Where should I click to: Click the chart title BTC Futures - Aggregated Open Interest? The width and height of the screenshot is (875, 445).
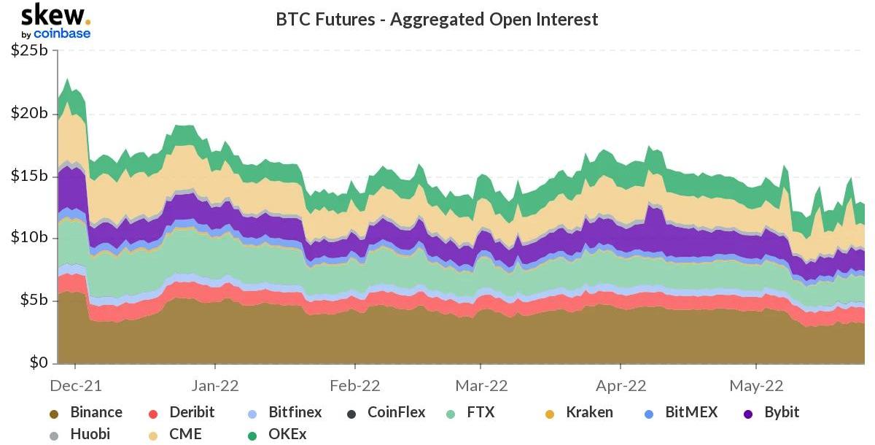[x=437, y=19]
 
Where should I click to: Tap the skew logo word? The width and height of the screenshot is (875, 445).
[x=55, y=15]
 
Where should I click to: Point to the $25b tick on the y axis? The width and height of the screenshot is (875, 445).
[x=30, y=51]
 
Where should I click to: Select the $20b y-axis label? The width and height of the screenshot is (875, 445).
[x=30, y=114]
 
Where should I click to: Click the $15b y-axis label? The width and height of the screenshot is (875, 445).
[x=30, y=177]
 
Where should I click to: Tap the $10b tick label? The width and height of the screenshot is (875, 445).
[x=30, y=238]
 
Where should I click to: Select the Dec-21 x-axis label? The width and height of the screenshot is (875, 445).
[x=76, y=384]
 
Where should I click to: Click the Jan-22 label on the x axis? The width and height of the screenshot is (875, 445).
[x=215, y=384]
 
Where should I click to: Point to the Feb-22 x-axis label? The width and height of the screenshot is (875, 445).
[x=355, y=384]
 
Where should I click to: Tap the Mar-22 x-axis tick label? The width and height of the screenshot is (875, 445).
[x=481, y=384]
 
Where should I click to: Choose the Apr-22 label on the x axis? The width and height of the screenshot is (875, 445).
[x=621, y=384]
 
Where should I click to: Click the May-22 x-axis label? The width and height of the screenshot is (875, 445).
[x=756, y=384]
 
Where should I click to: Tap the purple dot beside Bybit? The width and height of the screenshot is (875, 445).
[x=748, y=414]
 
